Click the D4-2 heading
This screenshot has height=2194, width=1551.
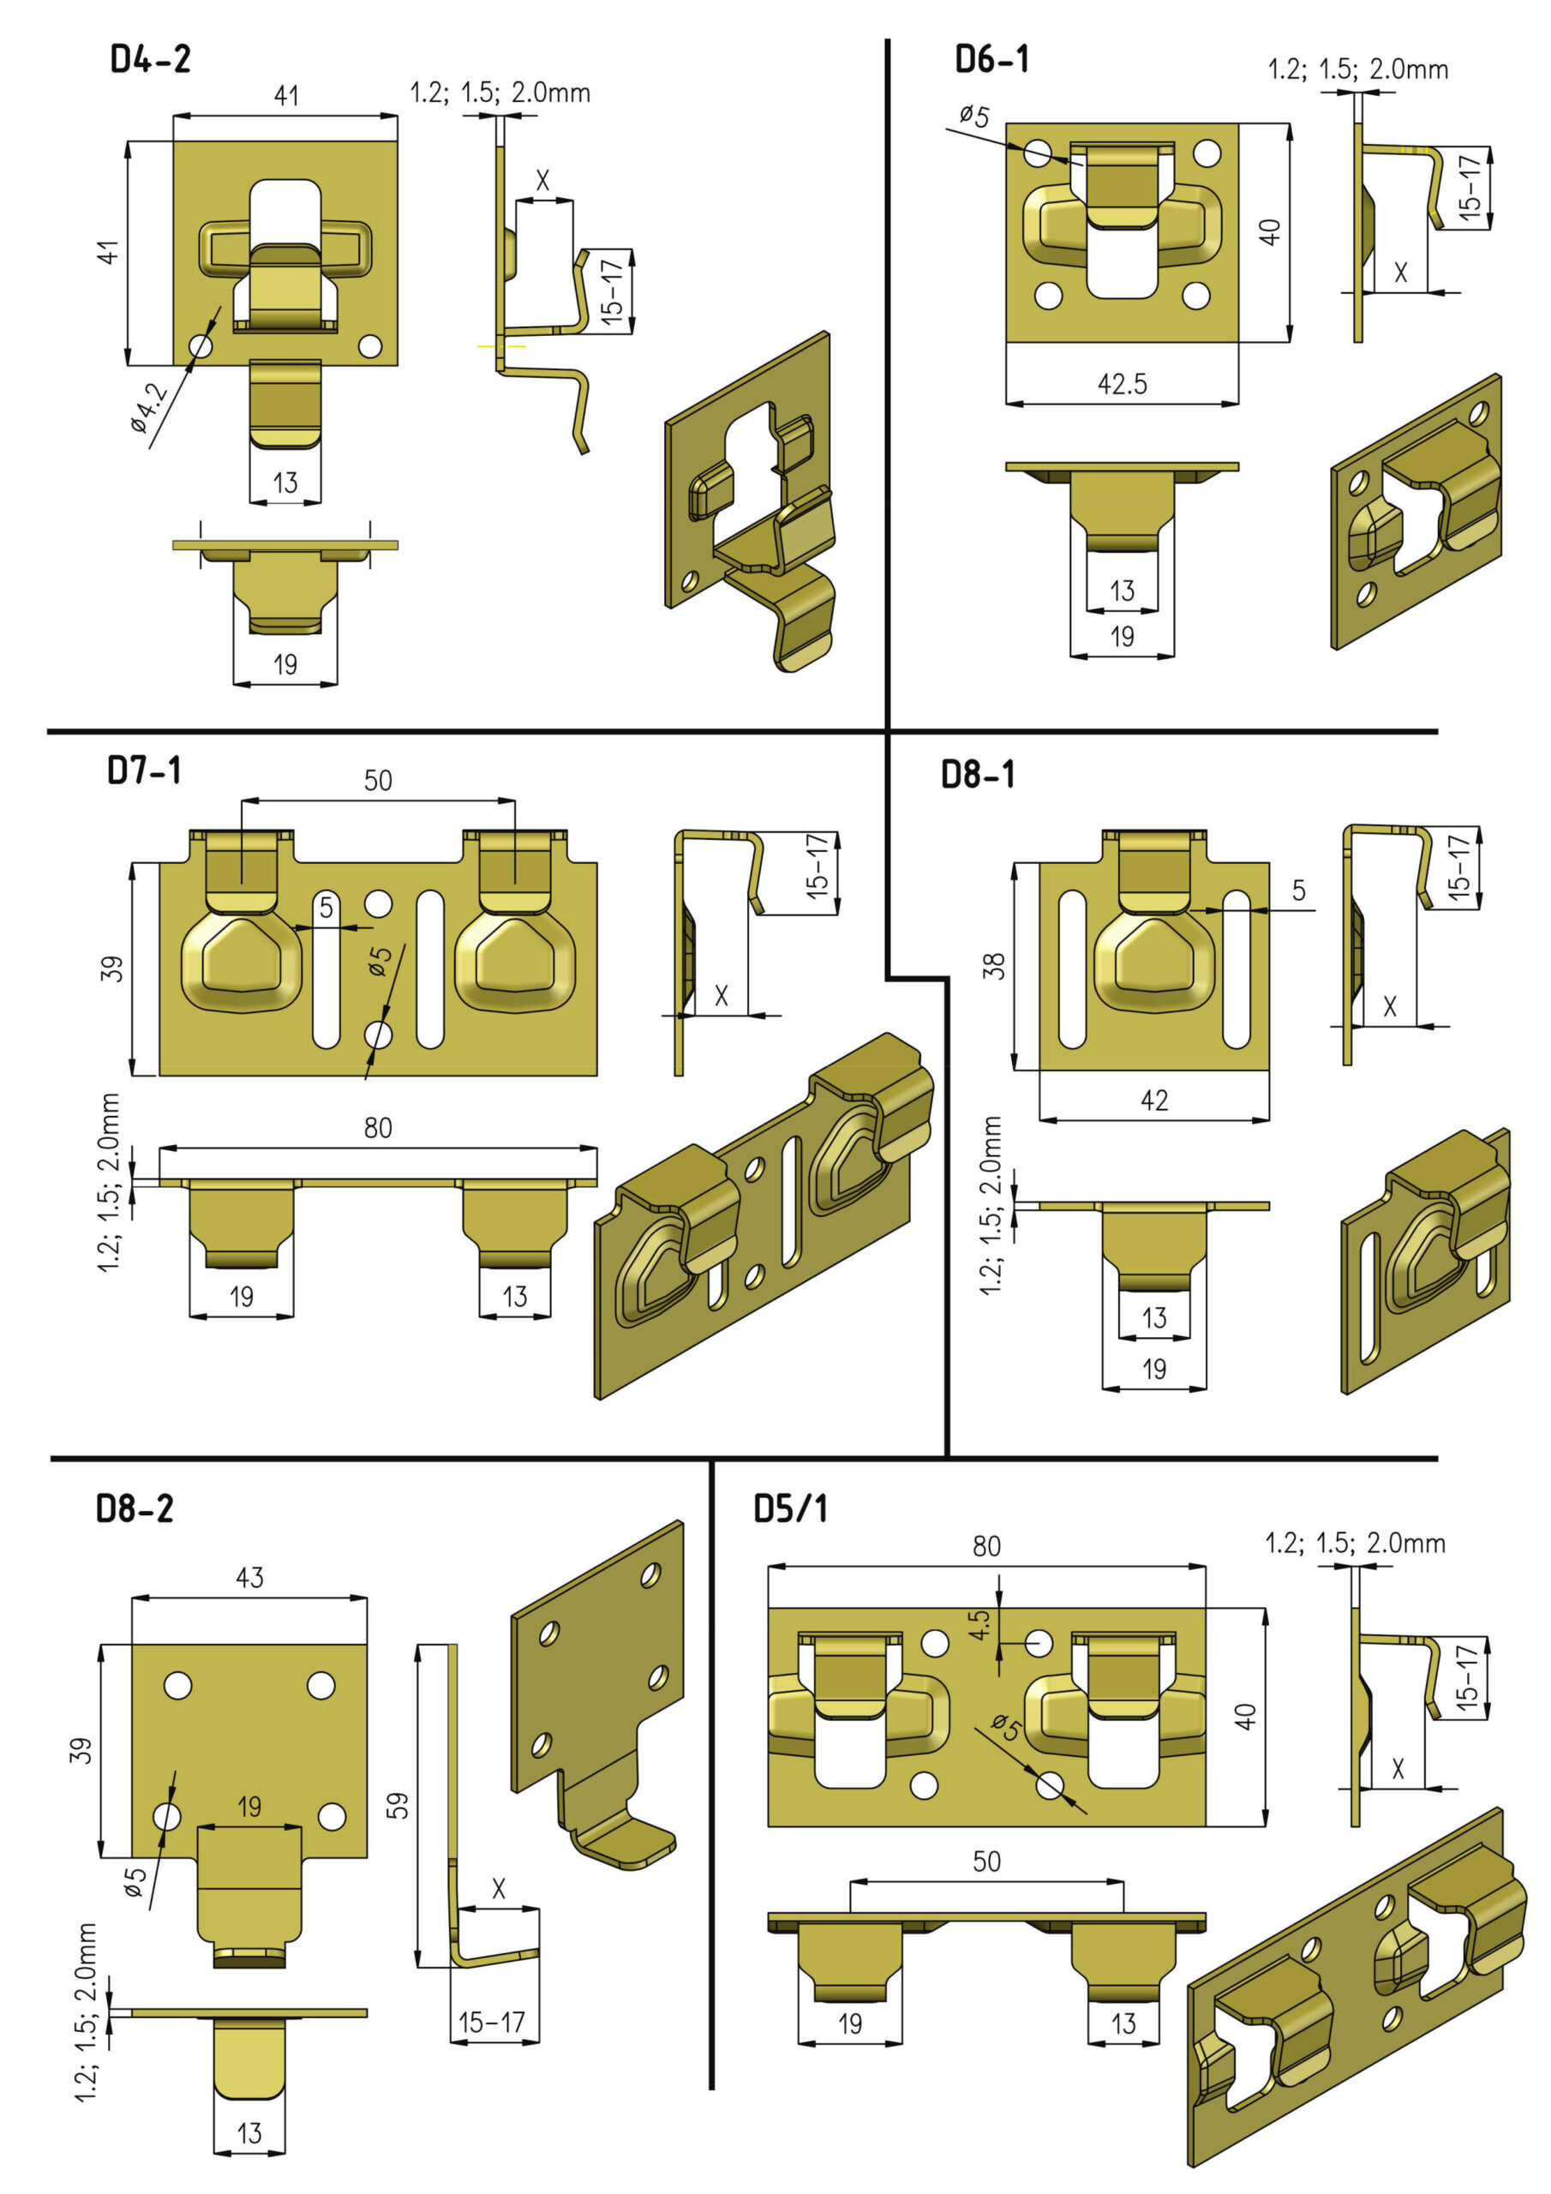pyautogui.click(x=150, y=59)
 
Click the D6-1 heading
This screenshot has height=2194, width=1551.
pyautogui.click(x=992, y=59)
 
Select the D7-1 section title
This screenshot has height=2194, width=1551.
pyautogui.click(x=144, y=770)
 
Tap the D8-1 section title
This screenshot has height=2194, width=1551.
pyautogui.click(x=978, y=774)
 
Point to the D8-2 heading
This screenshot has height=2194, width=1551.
pyautogui.click(x=135, y=1508)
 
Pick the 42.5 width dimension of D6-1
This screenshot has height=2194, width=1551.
pyautogui.click(x=1122, y=384)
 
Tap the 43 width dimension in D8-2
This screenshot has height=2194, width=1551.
pyautogui.click(x=249, y=1577)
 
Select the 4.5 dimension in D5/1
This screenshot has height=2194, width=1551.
pyautogui.click(x=979, y=1624)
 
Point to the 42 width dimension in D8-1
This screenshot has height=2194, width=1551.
pyautogui.click(x=1153, y=1100)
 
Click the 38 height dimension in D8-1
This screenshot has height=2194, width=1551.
pyautogui.click(x=994, y=966)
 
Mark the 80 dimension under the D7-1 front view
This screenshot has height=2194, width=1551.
pyautogui.click(x=378, y=1129)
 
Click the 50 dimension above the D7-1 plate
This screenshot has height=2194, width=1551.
pyautogui.click(x=378, y=781)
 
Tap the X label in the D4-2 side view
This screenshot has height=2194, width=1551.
pyautogui.click(x=542, y=180)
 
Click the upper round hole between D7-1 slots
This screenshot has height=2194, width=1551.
pyautogui.click(x=379, y=903)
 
